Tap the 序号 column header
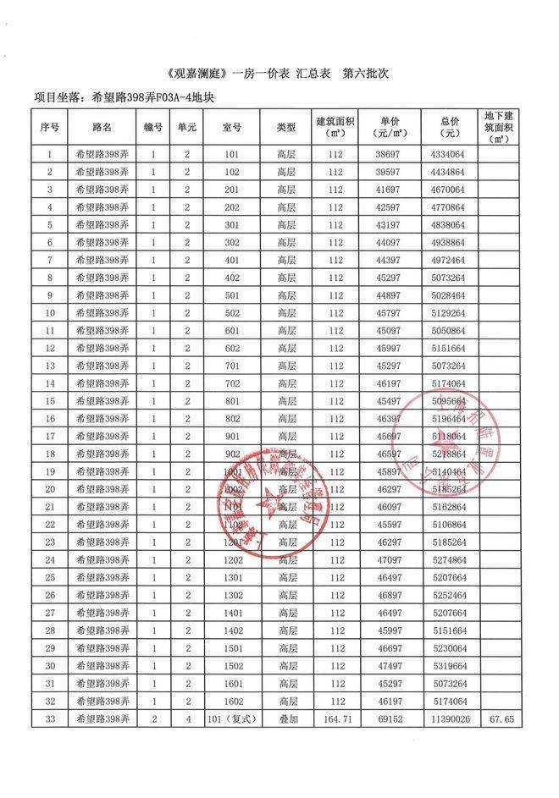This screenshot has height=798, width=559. [x=50, y=128]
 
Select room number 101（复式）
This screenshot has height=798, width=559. [x=232, y=719]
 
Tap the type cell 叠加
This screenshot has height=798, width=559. [x=286, y=719]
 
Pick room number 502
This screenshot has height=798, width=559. [x=232, y=313]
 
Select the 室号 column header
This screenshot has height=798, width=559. [x=232, y=128]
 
